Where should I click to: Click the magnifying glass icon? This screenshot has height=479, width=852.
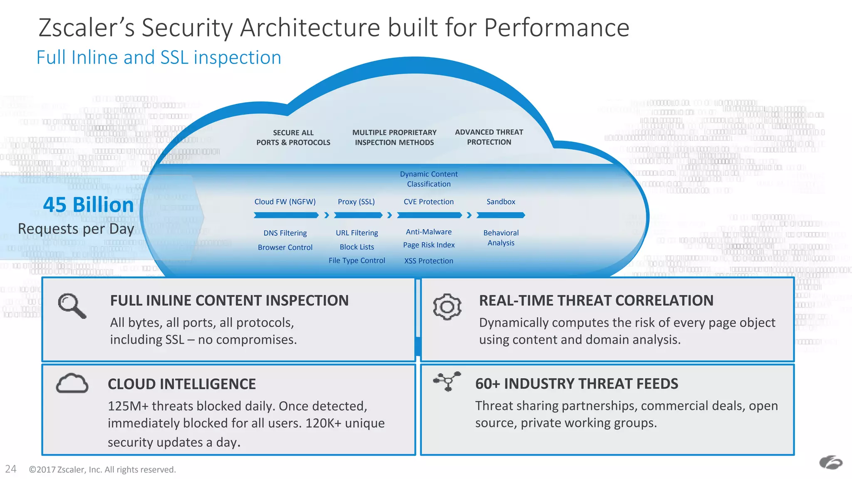(72, 306)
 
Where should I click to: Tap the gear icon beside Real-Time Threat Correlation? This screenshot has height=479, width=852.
(447, 307)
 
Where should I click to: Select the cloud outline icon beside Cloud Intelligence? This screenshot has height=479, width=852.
(72, 383)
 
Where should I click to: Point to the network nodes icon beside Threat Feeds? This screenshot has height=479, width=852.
(447, 381)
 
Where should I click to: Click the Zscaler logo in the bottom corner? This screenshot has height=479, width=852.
(830, 462)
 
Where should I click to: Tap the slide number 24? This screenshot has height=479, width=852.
(10, 469)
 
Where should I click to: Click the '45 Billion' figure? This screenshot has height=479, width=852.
(88, 205)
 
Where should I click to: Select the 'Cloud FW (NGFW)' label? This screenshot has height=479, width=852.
(285, 202)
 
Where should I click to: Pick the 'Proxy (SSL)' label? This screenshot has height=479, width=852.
(356, 202)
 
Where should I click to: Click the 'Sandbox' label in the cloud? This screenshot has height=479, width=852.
(501, 202)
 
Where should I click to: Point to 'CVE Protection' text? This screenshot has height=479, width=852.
(428, 202)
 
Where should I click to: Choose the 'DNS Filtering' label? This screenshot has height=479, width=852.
(285, 233)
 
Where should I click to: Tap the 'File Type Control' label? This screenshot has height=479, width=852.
(357, 261)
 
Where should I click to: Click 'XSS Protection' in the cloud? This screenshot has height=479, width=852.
(428, 261)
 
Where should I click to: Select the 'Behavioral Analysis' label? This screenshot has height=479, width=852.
(501, 238)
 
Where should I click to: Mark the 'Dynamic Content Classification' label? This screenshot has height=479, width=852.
(428, 179)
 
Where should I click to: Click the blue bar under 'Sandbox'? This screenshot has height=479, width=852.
(501, 215)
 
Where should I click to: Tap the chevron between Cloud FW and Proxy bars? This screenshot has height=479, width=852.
(327, 215)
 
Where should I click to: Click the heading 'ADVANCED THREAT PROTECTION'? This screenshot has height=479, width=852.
(489, 137)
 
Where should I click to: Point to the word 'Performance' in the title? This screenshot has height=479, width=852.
(557, 28)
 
